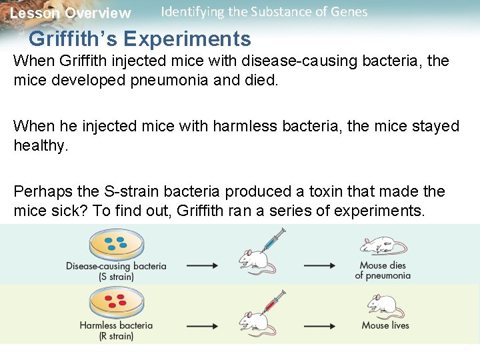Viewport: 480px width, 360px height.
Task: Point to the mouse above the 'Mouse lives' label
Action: pos(385,307)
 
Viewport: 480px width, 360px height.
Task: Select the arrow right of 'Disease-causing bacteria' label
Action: pos(201,266)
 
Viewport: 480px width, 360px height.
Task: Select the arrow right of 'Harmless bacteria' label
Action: pos(201,326)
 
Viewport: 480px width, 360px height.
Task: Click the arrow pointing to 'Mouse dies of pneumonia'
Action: pos(317,266)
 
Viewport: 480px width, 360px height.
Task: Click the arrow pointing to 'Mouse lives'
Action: pos(317,326)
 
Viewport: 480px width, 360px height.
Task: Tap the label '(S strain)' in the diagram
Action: pos(116,277)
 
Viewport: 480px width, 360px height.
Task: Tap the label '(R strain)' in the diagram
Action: pos(116,336)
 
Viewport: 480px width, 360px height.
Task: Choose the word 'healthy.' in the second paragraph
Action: pos(41,146)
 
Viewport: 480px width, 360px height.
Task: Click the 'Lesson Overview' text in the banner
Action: pos(71,13)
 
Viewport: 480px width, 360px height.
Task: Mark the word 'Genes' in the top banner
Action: pos(346,12)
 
